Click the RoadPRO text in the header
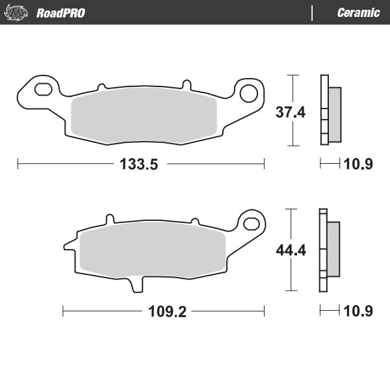[x=60, y=12]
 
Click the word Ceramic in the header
[x=358, y=12]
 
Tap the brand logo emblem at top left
[x=17, y=12]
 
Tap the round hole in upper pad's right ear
[x=248, y=93]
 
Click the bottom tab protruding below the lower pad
[x=138, y=283]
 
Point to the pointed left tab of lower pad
[x=67, y=246]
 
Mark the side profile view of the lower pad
[x=329, y=250]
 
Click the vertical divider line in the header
[x=312, y=12]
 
